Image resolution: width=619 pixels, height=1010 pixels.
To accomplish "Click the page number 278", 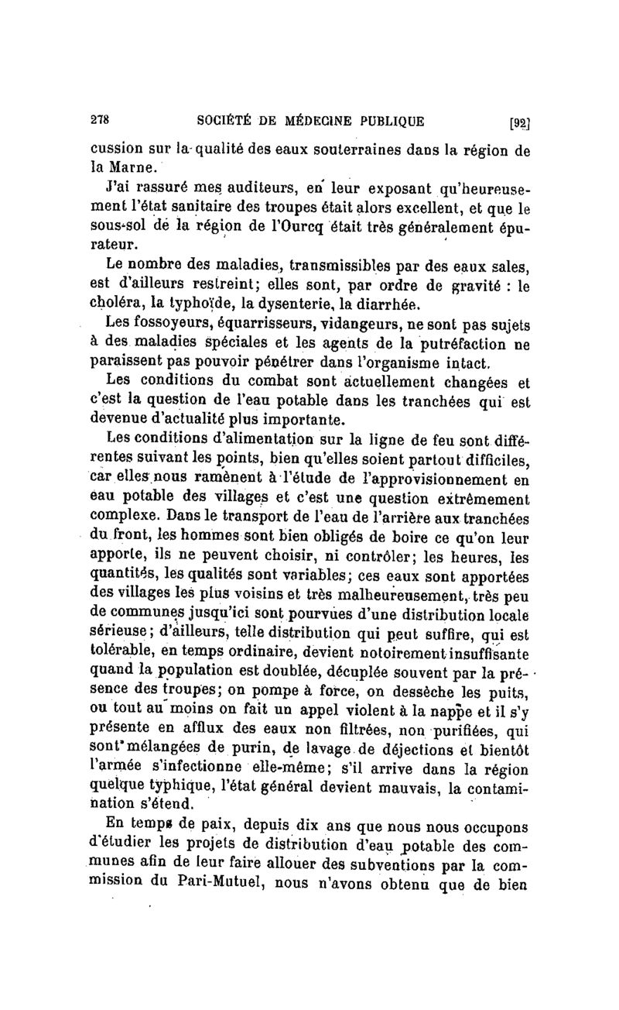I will click(101, 120).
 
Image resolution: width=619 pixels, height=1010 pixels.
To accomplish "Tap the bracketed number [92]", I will click(516, 122).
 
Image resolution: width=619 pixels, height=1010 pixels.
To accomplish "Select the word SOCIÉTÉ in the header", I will click(228, 120).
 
